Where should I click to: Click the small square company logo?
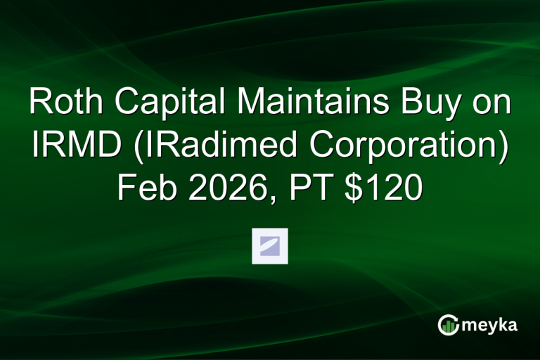point(270,246)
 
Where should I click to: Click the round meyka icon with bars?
point(448,324)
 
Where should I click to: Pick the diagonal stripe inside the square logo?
point(270,245)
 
